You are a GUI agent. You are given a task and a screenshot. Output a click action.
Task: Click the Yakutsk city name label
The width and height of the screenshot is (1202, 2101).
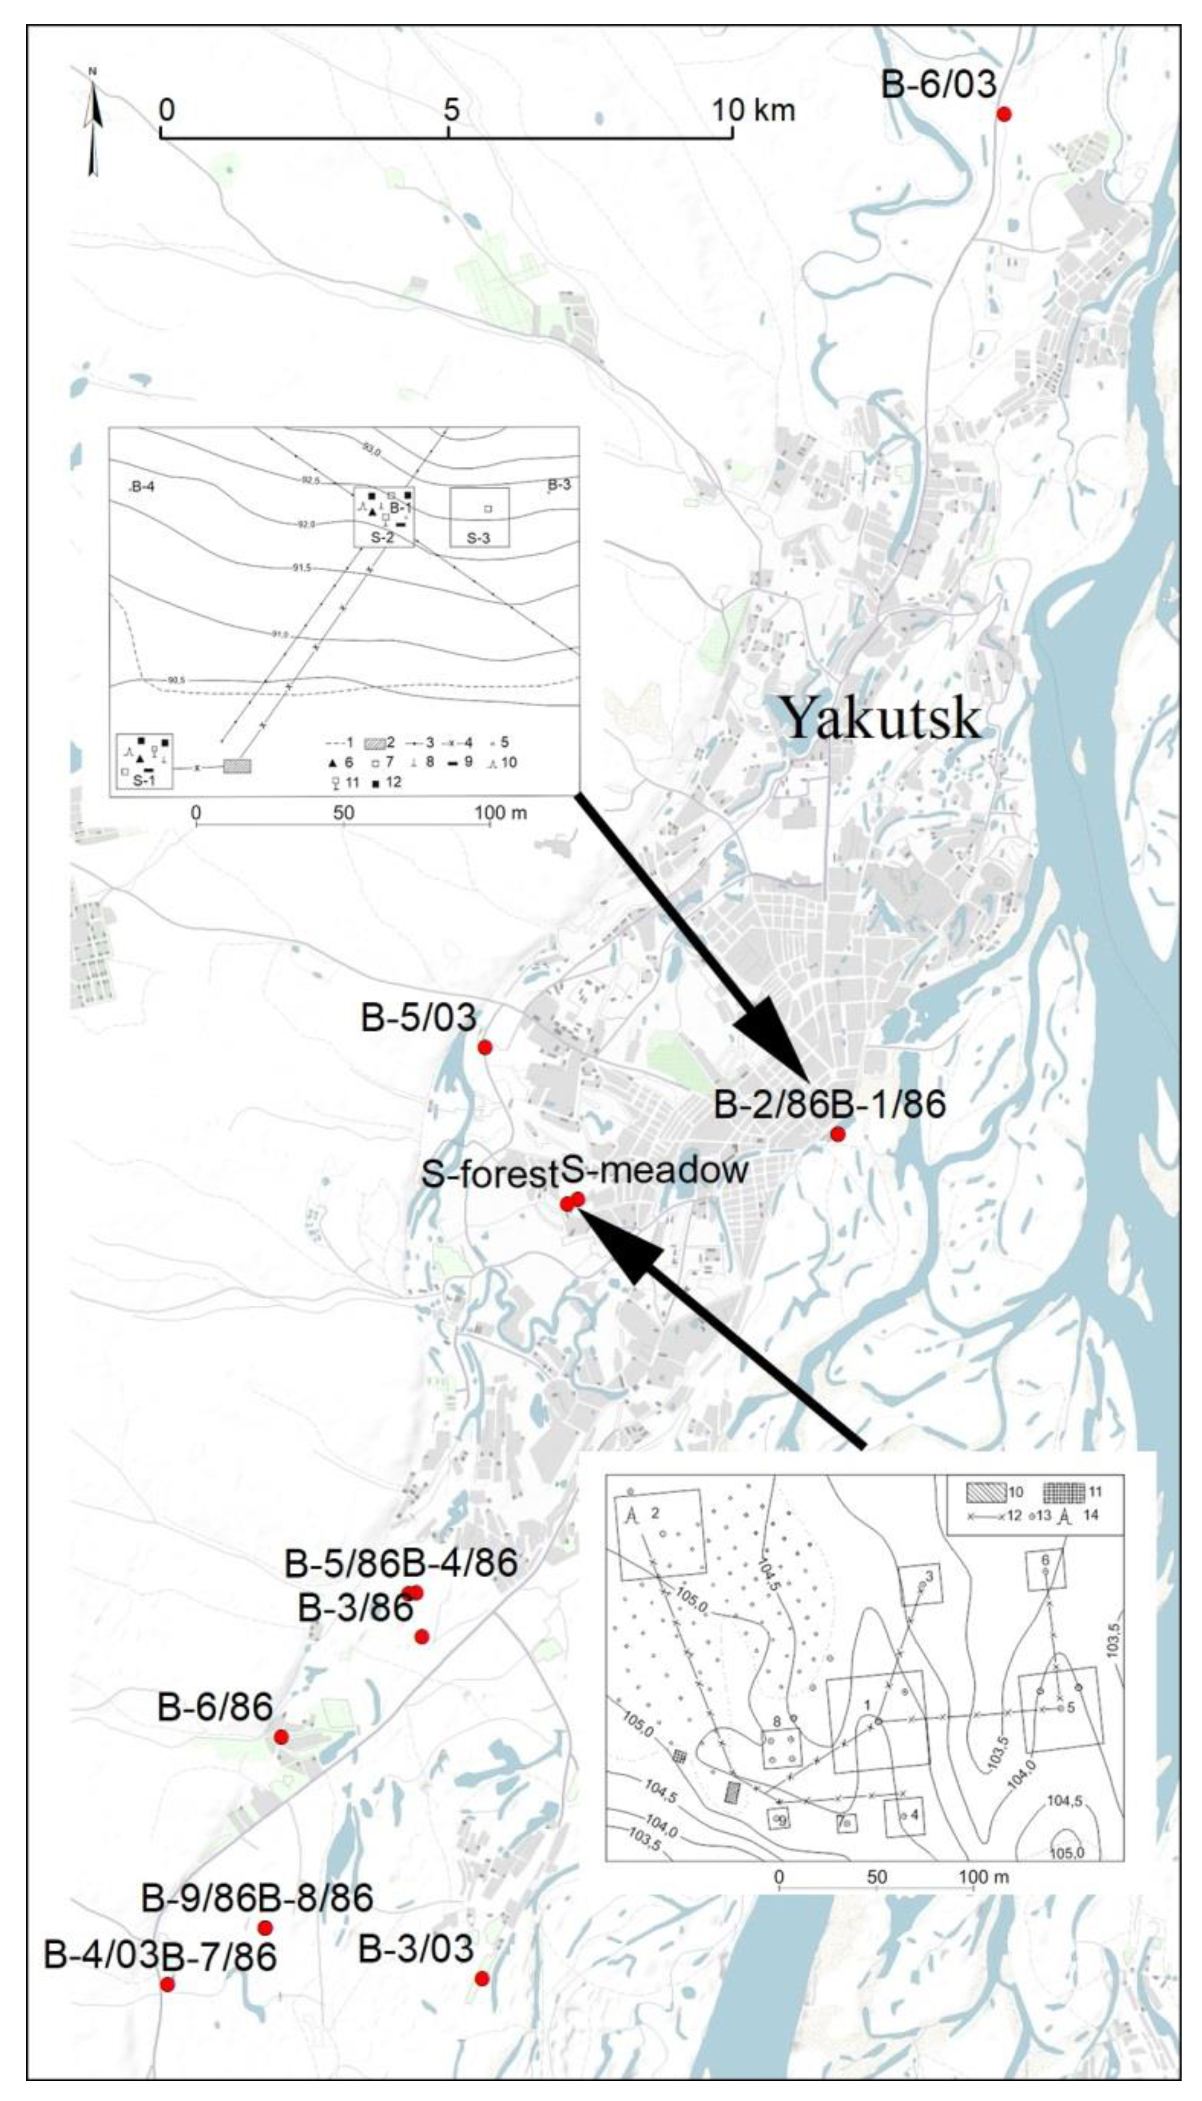(x=881, y=717)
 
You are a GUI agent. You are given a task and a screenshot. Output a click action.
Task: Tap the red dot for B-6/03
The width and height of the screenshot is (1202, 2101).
(x=1004, y=115)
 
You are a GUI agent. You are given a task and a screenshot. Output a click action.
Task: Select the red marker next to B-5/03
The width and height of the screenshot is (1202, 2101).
(x=485, y=1047)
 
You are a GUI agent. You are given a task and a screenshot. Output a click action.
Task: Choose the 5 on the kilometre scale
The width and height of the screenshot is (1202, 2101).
(x=450, y=109)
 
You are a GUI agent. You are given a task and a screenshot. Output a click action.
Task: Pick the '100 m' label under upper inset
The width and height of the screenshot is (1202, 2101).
(x=500, y=813)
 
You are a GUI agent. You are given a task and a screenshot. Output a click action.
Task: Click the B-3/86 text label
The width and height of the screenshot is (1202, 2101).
(x=355, y=1608)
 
